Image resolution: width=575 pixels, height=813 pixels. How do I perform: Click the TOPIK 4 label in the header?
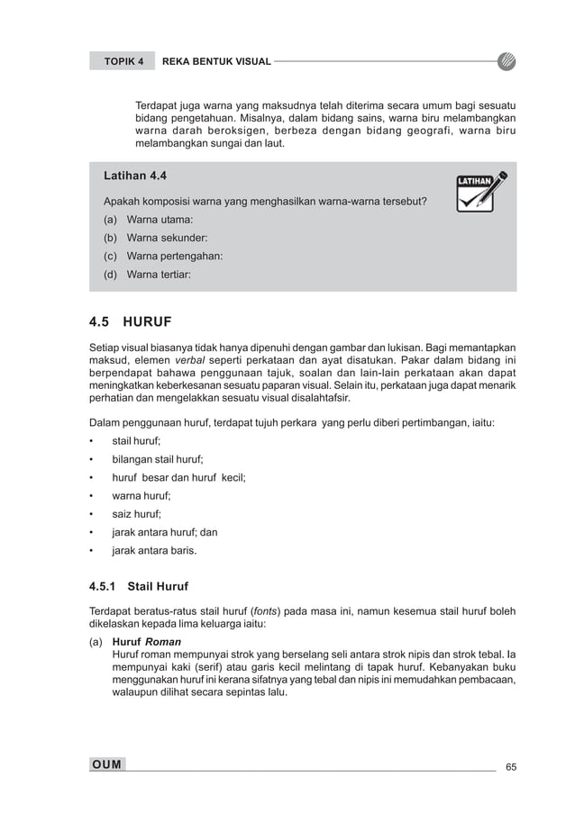pos(123,61)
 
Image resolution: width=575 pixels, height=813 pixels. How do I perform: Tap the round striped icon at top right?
pos(507,61)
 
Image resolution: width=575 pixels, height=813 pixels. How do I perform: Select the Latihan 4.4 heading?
pos(135,176)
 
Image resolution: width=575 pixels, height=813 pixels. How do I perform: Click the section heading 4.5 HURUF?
pos(130,321)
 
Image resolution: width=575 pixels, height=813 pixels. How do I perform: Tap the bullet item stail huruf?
pos(136,441)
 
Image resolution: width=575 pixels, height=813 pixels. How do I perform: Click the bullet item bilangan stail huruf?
pos(158,459)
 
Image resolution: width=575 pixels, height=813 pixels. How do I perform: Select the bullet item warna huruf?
pos(141,495)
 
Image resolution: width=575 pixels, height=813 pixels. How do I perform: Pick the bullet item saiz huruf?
pos(136,514)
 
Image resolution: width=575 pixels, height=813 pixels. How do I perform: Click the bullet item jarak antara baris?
pos(153,550)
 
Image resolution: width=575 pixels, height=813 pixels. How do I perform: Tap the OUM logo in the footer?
pos(107,764)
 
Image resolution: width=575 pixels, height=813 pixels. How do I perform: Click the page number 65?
pos(511,766)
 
